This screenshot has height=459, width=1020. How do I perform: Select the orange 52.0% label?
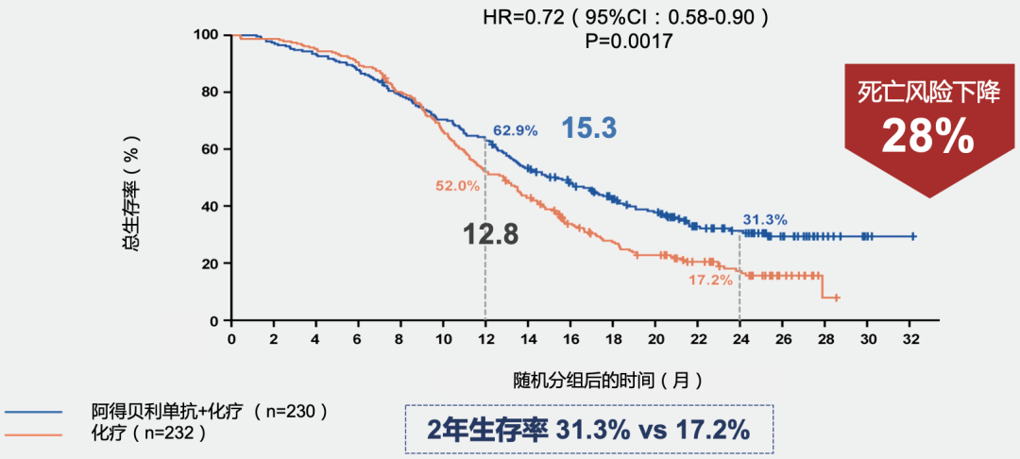point(457,186)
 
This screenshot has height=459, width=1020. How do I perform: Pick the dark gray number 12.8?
point(490,234)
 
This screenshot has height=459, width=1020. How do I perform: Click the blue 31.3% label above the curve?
point(764,219)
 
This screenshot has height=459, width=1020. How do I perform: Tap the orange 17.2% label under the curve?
point(709,280)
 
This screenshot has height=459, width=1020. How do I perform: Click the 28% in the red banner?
point(928,137)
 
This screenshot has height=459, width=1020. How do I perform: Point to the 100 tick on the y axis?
point(206,35)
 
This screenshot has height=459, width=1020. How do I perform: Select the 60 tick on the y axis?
point(210,149)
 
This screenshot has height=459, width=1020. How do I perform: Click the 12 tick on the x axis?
point(485,339)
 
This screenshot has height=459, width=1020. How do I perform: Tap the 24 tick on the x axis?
point(739,339)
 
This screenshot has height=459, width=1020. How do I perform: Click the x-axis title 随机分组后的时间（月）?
point(607,380)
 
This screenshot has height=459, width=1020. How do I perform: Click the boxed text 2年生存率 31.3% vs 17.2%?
point(588,430)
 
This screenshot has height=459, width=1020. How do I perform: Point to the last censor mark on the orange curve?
point(836,297)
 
